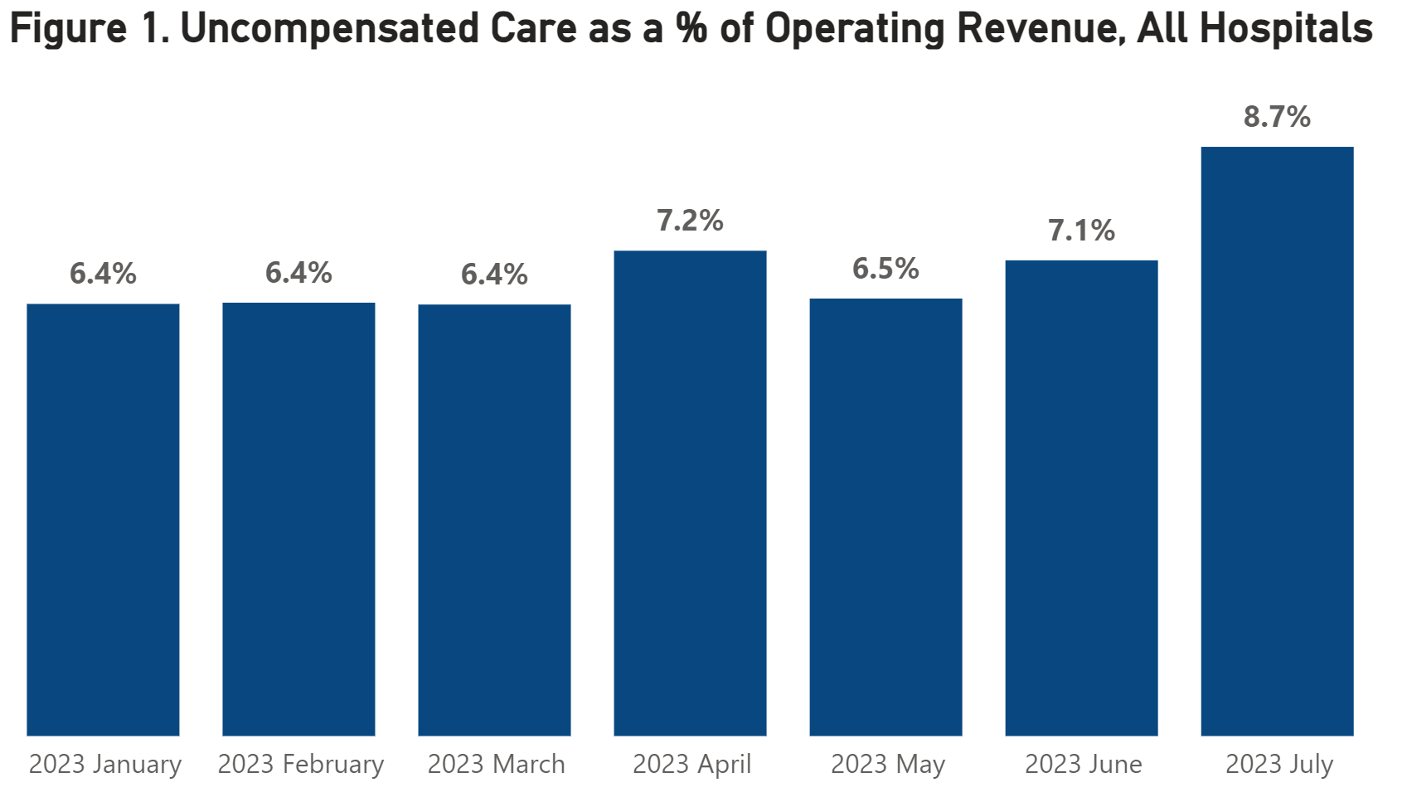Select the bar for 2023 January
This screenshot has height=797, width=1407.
point(103,519)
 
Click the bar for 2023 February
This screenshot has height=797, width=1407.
point(298,519)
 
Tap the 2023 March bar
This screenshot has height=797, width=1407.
point(494,519)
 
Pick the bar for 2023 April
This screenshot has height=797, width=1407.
point(690,493)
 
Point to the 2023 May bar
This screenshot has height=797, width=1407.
point(885,517)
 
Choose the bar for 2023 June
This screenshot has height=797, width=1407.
point(1081,498)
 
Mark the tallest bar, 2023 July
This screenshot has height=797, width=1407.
point(1277,441)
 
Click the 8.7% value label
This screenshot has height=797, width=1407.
point(1277,117)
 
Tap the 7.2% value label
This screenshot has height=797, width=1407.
point(690,221)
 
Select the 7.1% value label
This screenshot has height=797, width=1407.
point(1081,231)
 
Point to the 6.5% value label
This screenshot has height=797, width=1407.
point(885,269)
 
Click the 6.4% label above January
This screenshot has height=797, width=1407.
point(103,274)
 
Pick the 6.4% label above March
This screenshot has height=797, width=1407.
point(494,275)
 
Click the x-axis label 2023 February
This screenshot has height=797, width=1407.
point(300,764)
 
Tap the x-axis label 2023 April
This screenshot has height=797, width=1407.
point(691,764)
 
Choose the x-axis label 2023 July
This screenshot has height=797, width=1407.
point(1278,764)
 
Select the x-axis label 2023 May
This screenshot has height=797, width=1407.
point(887,764)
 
